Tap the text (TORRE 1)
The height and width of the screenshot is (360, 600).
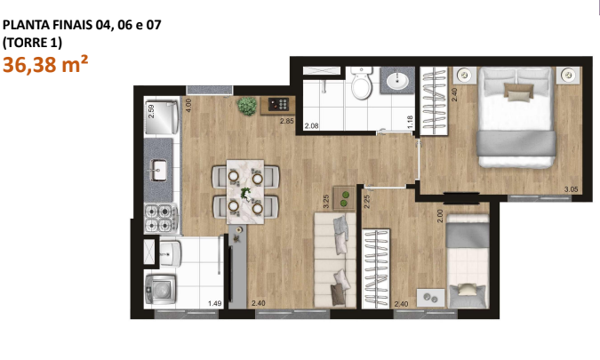click(x=33, y=42)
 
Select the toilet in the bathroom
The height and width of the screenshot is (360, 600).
click(x=361, y=85)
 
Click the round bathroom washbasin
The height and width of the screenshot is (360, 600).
click(x=396, y=83)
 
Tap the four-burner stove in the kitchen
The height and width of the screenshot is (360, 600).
click(x=157, y=215)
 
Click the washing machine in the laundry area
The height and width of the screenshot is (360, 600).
click(x=159, y=288)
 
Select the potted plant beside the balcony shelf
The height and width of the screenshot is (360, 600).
click(x=246, y=106)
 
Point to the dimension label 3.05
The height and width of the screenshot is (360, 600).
click(x=572, y=189)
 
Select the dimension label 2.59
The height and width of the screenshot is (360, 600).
click(x=152, y=112)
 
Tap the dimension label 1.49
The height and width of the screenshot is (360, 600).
click(x=214, y=304)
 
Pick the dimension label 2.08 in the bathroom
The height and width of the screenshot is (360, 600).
click(x=311, y=126)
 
